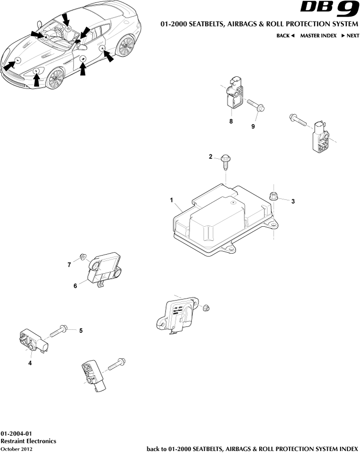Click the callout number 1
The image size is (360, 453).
[171, 200]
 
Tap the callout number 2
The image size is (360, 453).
[211, 157]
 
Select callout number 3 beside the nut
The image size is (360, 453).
[293, 201]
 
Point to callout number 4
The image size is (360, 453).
[30, 363]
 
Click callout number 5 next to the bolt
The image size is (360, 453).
[81, 330]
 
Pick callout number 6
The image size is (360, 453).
[75, 286]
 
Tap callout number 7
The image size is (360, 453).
[69, 264]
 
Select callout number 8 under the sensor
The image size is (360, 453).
[231, 121]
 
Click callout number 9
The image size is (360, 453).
[253, 127]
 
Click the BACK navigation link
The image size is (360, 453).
[286, 36]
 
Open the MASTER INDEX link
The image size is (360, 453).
[318, 36]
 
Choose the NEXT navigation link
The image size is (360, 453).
[350, 36]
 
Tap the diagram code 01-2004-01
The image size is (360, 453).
[16, 433]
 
